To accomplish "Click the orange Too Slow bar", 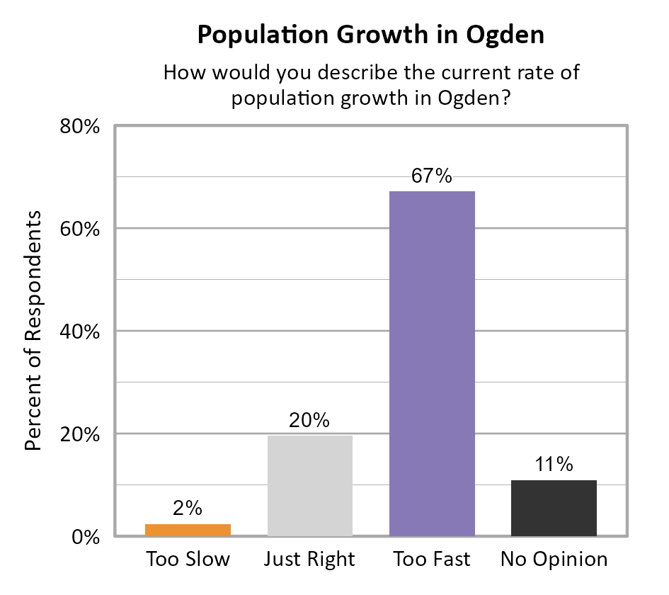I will [188, 530].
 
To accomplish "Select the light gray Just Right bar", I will [310, 486].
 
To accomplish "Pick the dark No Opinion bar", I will [554, 508].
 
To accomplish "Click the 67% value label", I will [432, 176].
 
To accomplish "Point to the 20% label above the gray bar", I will [310, 420].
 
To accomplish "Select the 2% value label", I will [188, 508].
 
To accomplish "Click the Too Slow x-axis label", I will [188, 559].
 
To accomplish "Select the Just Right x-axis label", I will [310, 560].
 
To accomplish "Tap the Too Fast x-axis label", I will [432, 559].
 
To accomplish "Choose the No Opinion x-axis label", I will [554, 560].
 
